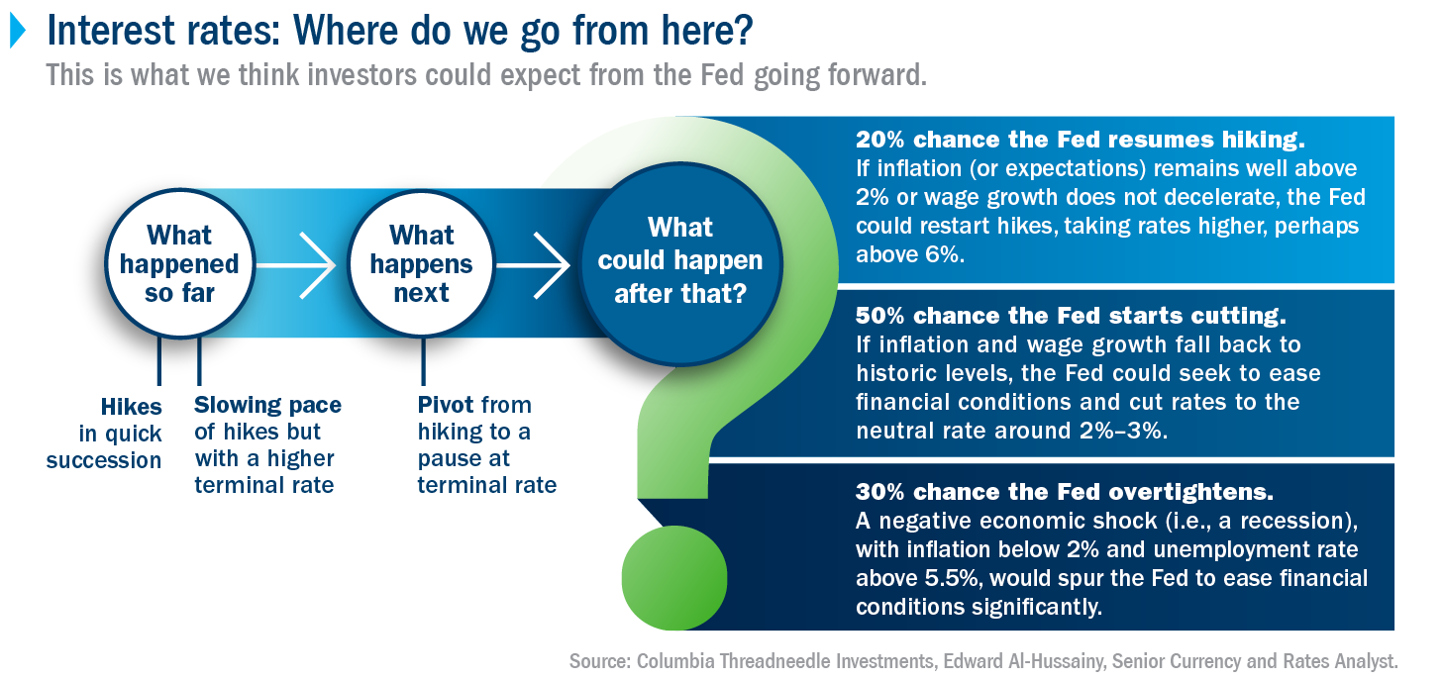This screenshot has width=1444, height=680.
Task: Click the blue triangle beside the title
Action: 18,31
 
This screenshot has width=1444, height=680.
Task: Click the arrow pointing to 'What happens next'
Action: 296,265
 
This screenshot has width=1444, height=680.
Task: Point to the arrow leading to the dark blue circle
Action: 533,265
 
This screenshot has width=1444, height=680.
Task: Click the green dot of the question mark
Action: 674,577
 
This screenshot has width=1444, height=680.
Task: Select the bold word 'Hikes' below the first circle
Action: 132,407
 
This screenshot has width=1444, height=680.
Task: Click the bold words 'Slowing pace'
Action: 267,405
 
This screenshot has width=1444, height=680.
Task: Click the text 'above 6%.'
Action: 910,254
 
